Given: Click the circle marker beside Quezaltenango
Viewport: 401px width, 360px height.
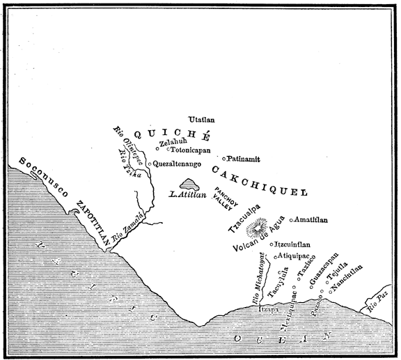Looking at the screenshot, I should [150, 164].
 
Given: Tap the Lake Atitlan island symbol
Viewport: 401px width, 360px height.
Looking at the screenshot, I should [188, 185].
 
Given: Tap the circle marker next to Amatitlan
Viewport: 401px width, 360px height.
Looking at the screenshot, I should [291, 220].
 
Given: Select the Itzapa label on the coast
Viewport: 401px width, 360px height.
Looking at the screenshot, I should [269, 308].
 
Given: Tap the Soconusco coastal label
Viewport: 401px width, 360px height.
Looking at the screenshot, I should [44, 180].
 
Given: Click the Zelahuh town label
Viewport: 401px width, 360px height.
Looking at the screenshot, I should [172, 142].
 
